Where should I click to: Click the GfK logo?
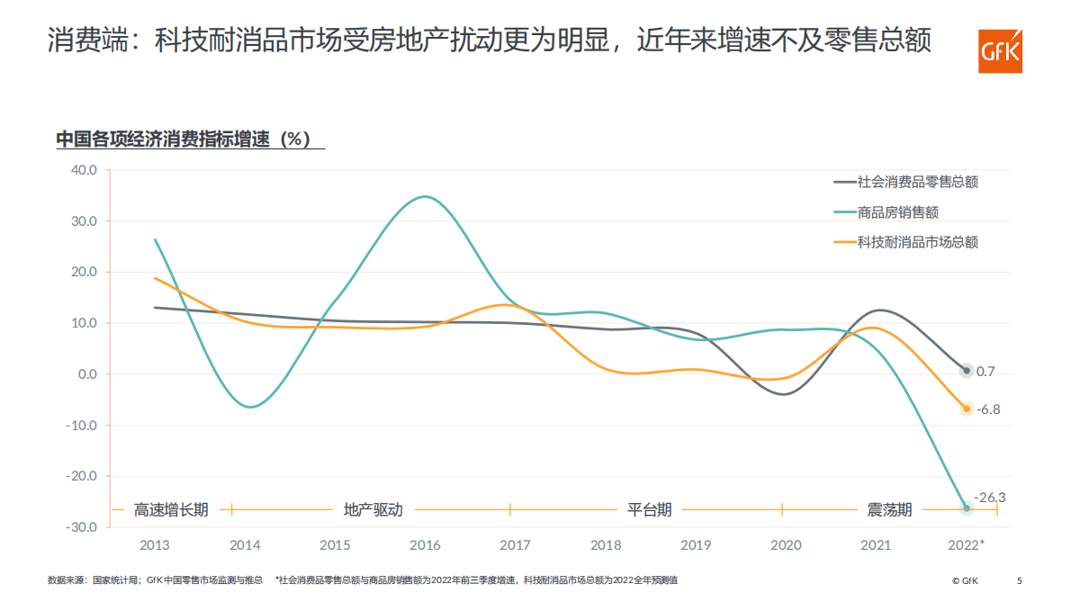1001,51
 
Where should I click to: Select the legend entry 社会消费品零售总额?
917,182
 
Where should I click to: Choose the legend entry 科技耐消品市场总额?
917,242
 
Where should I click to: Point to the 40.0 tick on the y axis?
84,170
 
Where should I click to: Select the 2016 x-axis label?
425,545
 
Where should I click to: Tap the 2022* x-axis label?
967,545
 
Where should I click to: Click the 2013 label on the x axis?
155,545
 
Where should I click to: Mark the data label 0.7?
985,371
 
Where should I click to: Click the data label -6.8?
988,409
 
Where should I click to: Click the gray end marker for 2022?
967,371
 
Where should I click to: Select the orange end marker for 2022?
967,409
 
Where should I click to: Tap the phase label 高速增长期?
171,510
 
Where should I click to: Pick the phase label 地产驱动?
373,510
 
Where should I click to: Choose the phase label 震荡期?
889,510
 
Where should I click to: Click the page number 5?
1020,580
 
